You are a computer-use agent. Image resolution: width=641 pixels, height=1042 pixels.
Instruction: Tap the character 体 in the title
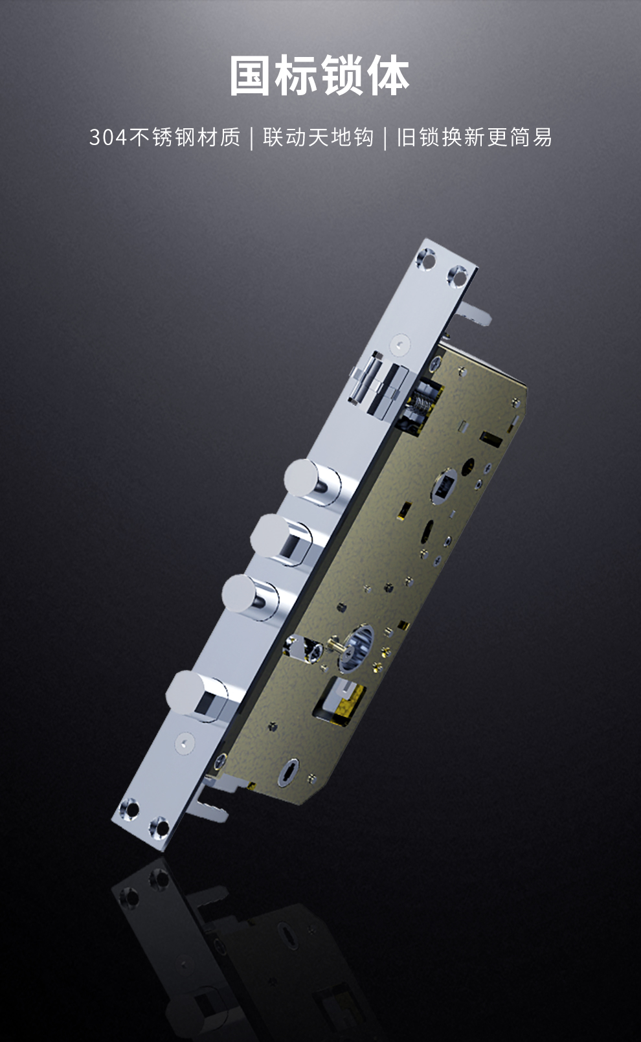[x=388, y=75]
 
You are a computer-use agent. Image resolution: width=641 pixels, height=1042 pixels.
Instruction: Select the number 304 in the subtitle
[x=108, y=137]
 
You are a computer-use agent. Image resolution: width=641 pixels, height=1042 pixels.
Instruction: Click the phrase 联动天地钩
[x=319, y=137]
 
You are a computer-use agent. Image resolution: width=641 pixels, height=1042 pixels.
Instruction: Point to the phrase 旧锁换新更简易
[x=475, y=137]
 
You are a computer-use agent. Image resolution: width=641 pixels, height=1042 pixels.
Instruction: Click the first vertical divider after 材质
[x=252, y=138]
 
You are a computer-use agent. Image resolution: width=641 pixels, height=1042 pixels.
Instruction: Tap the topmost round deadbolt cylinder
[x=313, y=482]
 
